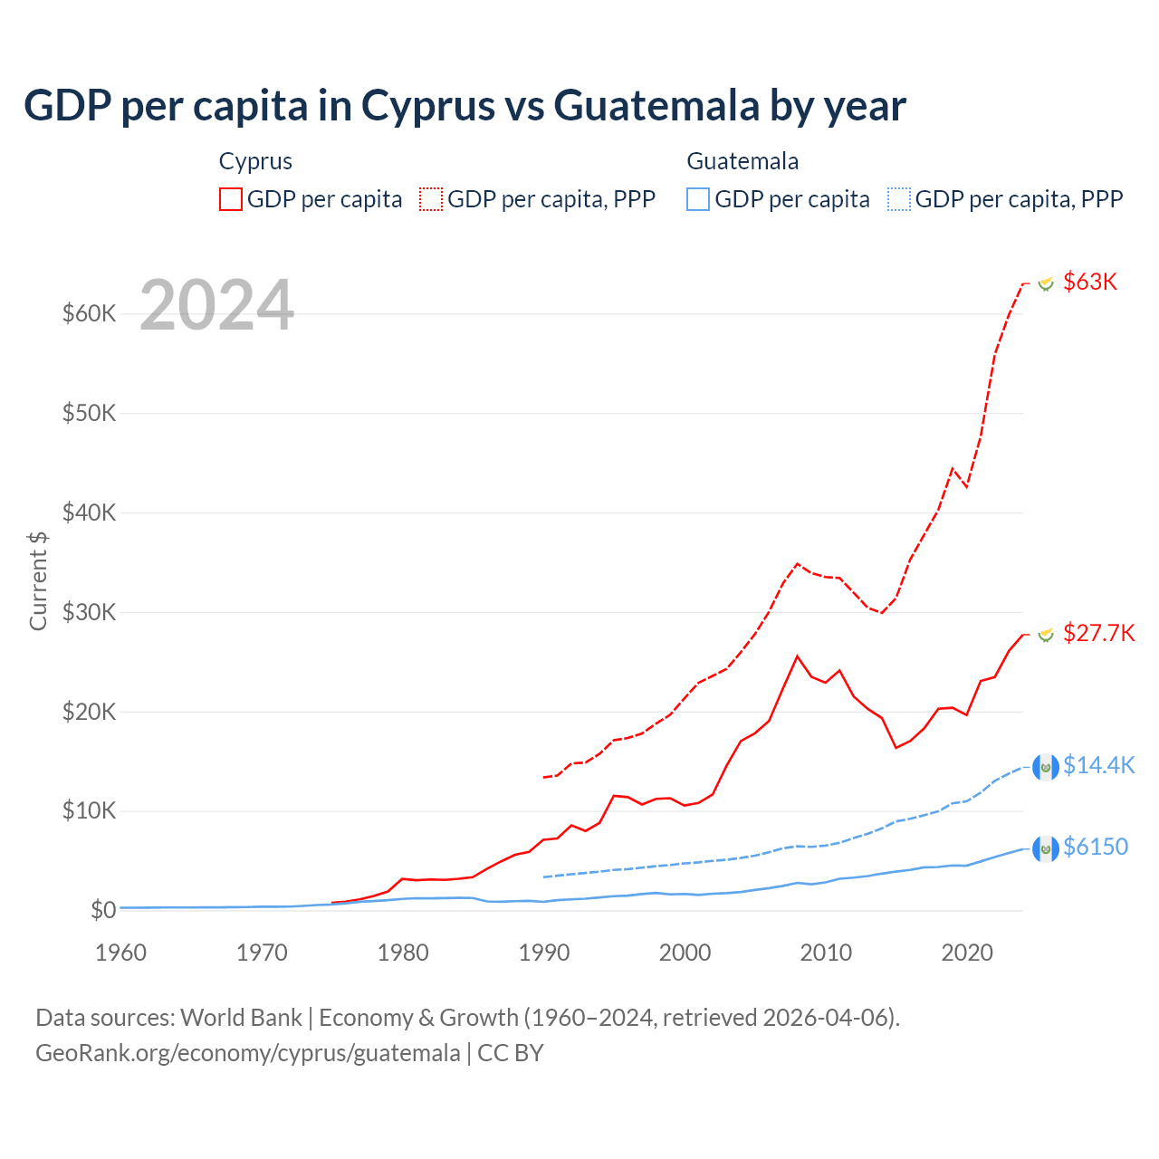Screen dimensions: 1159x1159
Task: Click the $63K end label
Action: point(1090,282)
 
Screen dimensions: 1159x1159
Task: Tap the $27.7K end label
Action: point(1098,632)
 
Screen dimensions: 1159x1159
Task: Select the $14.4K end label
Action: point(1098,765)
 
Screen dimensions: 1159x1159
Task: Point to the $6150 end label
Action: point(1096,847)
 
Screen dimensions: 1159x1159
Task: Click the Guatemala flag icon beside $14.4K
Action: point(1046,767)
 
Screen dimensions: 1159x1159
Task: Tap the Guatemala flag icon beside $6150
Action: point(1046,848)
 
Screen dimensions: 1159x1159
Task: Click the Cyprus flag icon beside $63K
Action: point(1046,283)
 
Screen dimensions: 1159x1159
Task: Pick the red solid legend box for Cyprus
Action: point(231,199)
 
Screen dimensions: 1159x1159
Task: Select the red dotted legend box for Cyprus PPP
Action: point(431,199)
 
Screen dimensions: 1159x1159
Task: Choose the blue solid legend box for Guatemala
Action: point(698,199)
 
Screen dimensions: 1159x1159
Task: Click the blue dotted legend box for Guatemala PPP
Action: point(899,199)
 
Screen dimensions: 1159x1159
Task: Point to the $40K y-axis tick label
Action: point(90,512)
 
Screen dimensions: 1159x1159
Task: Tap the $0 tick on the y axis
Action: point(103,910)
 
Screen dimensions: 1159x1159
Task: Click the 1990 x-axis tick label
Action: point(544,953)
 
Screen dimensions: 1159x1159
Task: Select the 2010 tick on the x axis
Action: point(826,953)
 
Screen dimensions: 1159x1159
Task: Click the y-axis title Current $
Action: point(38,580)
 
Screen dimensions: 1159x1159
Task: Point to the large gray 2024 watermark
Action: point(217,305)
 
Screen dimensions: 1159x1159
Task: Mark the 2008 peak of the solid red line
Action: point(797,656)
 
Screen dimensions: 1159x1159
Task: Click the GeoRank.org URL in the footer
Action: point(248,1053)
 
